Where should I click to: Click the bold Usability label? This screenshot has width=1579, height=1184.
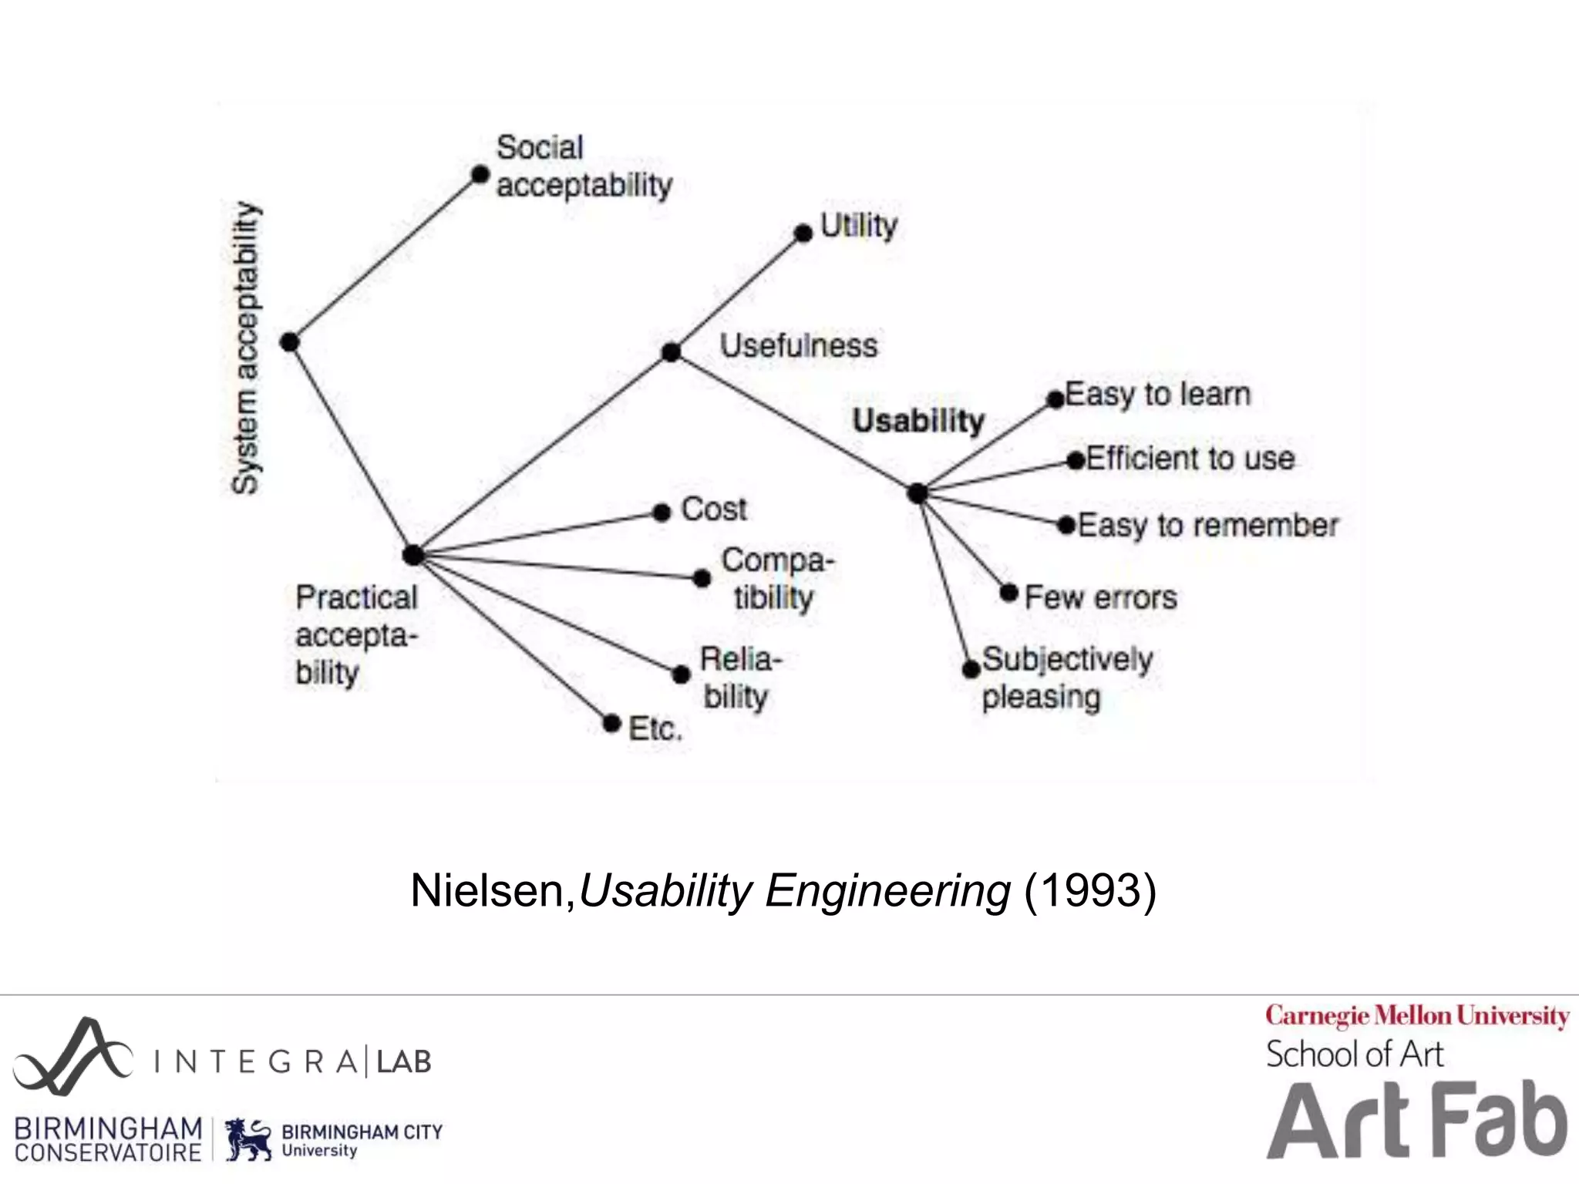[918, 421]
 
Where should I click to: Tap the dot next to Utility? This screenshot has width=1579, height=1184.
[803, 233]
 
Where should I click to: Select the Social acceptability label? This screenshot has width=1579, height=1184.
[584, 166]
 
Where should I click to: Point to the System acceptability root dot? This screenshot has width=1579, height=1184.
[289, 341]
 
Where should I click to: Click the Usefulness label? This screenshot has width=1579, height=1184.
[798, 345]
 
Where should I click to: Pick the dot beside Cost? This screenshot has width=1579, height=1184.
[662, 513]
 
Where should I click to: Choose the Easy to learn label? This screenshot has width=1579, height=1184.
[1157, 395]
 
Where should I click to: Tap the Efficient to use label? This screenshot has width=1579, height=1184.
[1190, 459]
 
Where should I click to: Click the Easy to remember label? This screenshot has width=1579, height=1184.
[1207, 526]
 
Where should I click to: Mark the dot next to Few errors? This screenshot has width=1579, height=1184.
[1008, 593]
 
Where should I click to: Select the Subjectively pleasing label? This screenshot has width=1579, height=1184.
[1066, 678]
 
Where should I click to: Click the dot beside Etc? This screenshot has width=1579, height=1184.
[611, 724]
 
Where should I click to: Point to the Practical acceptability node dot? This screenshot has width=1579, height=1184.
[413, 554]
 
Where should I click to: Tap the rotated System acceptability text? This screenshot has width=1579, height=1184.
[246, 347]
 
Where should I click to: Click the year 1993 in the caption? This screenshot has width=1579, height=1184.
[1089, 891]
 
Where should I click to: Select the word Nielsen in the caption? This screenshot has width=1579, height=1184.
[489, 891]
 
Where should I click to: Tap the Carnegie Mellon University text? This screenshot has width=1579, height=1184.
[1416, 1016]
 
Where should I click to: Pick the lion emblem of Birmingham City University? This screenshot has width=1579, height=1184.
[248, 1139]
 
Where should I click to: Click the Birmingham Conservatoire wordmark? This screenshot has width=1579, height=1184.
[108, 1139]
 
